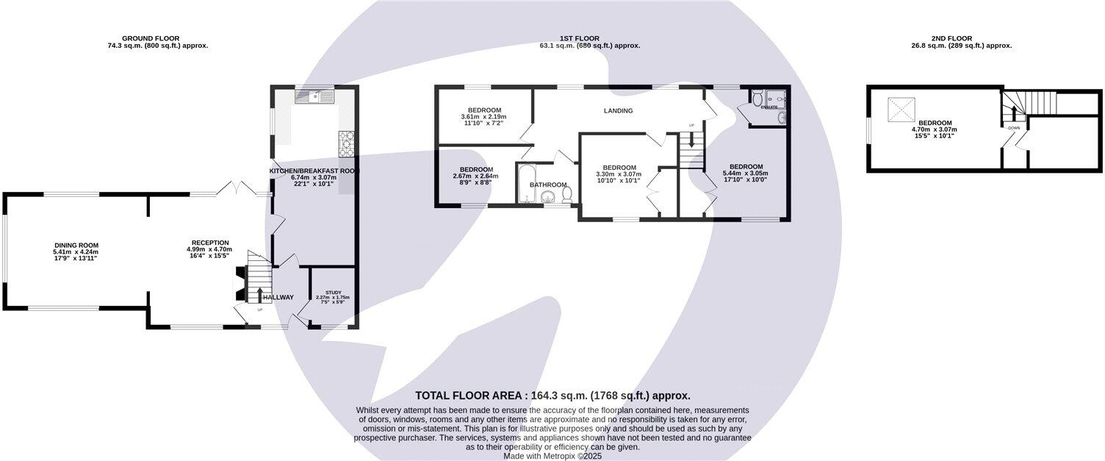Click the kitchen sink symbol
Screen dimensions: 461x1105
click(314, 96)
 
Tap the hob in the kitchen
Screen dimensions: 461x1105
click(346, 143)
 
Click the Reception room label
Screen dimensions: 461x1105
click(210, 243)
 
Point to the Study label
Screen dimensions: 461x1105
click(333, 292)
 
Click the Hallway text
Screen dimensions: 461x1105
click(278, 297)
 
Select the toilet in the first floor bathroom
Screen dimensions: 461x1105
click(566, 194)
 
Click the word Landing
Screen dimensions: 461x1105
click(618, 111)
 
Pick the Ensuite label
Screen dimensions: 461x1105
click(769, 107)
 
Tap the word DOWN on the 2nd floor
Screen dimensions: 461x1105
click(1014, 128)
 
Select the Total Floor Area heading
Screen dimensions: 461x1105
click(552, 396)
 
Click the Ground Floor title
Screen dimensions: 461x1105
click(151, 38)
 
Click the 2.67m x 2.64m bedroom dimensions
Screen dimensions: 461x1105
click(475, 176)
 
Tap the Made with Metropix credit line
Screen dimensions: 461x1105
click(552, 456)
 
